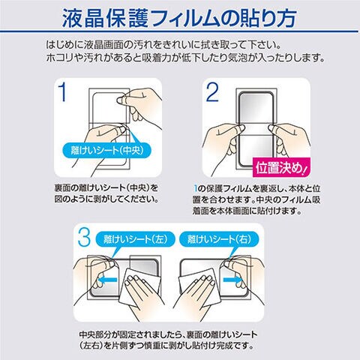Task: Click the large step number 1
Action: tap(63, 92)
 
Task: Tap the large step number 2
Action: tap(212, 92)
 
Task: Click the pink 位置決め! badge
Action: tap(281, 167)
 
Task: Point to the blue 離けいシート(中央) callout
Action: tap(106, 150)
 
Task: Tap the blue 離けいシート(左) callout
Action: tap(135, 239)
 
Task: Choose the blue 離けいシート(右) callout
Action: tap(219, 239)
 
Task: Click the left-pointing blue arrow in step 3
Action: tap(107, 280)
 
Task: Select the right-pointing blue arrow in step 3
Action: tap(232, 279)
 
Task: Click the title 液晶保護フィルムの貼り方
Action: tap(179, 18)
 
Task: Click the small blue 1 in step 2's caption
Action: tap(196, 188)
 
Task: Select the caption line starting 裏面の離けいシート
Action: tap(106, 188)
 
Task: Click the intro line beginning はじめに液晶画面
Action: tap(163, 45)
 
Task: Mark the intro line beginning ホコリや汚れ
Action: tap(185, 58)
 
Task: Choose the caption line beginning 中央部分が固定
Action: tap(168, 334)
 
